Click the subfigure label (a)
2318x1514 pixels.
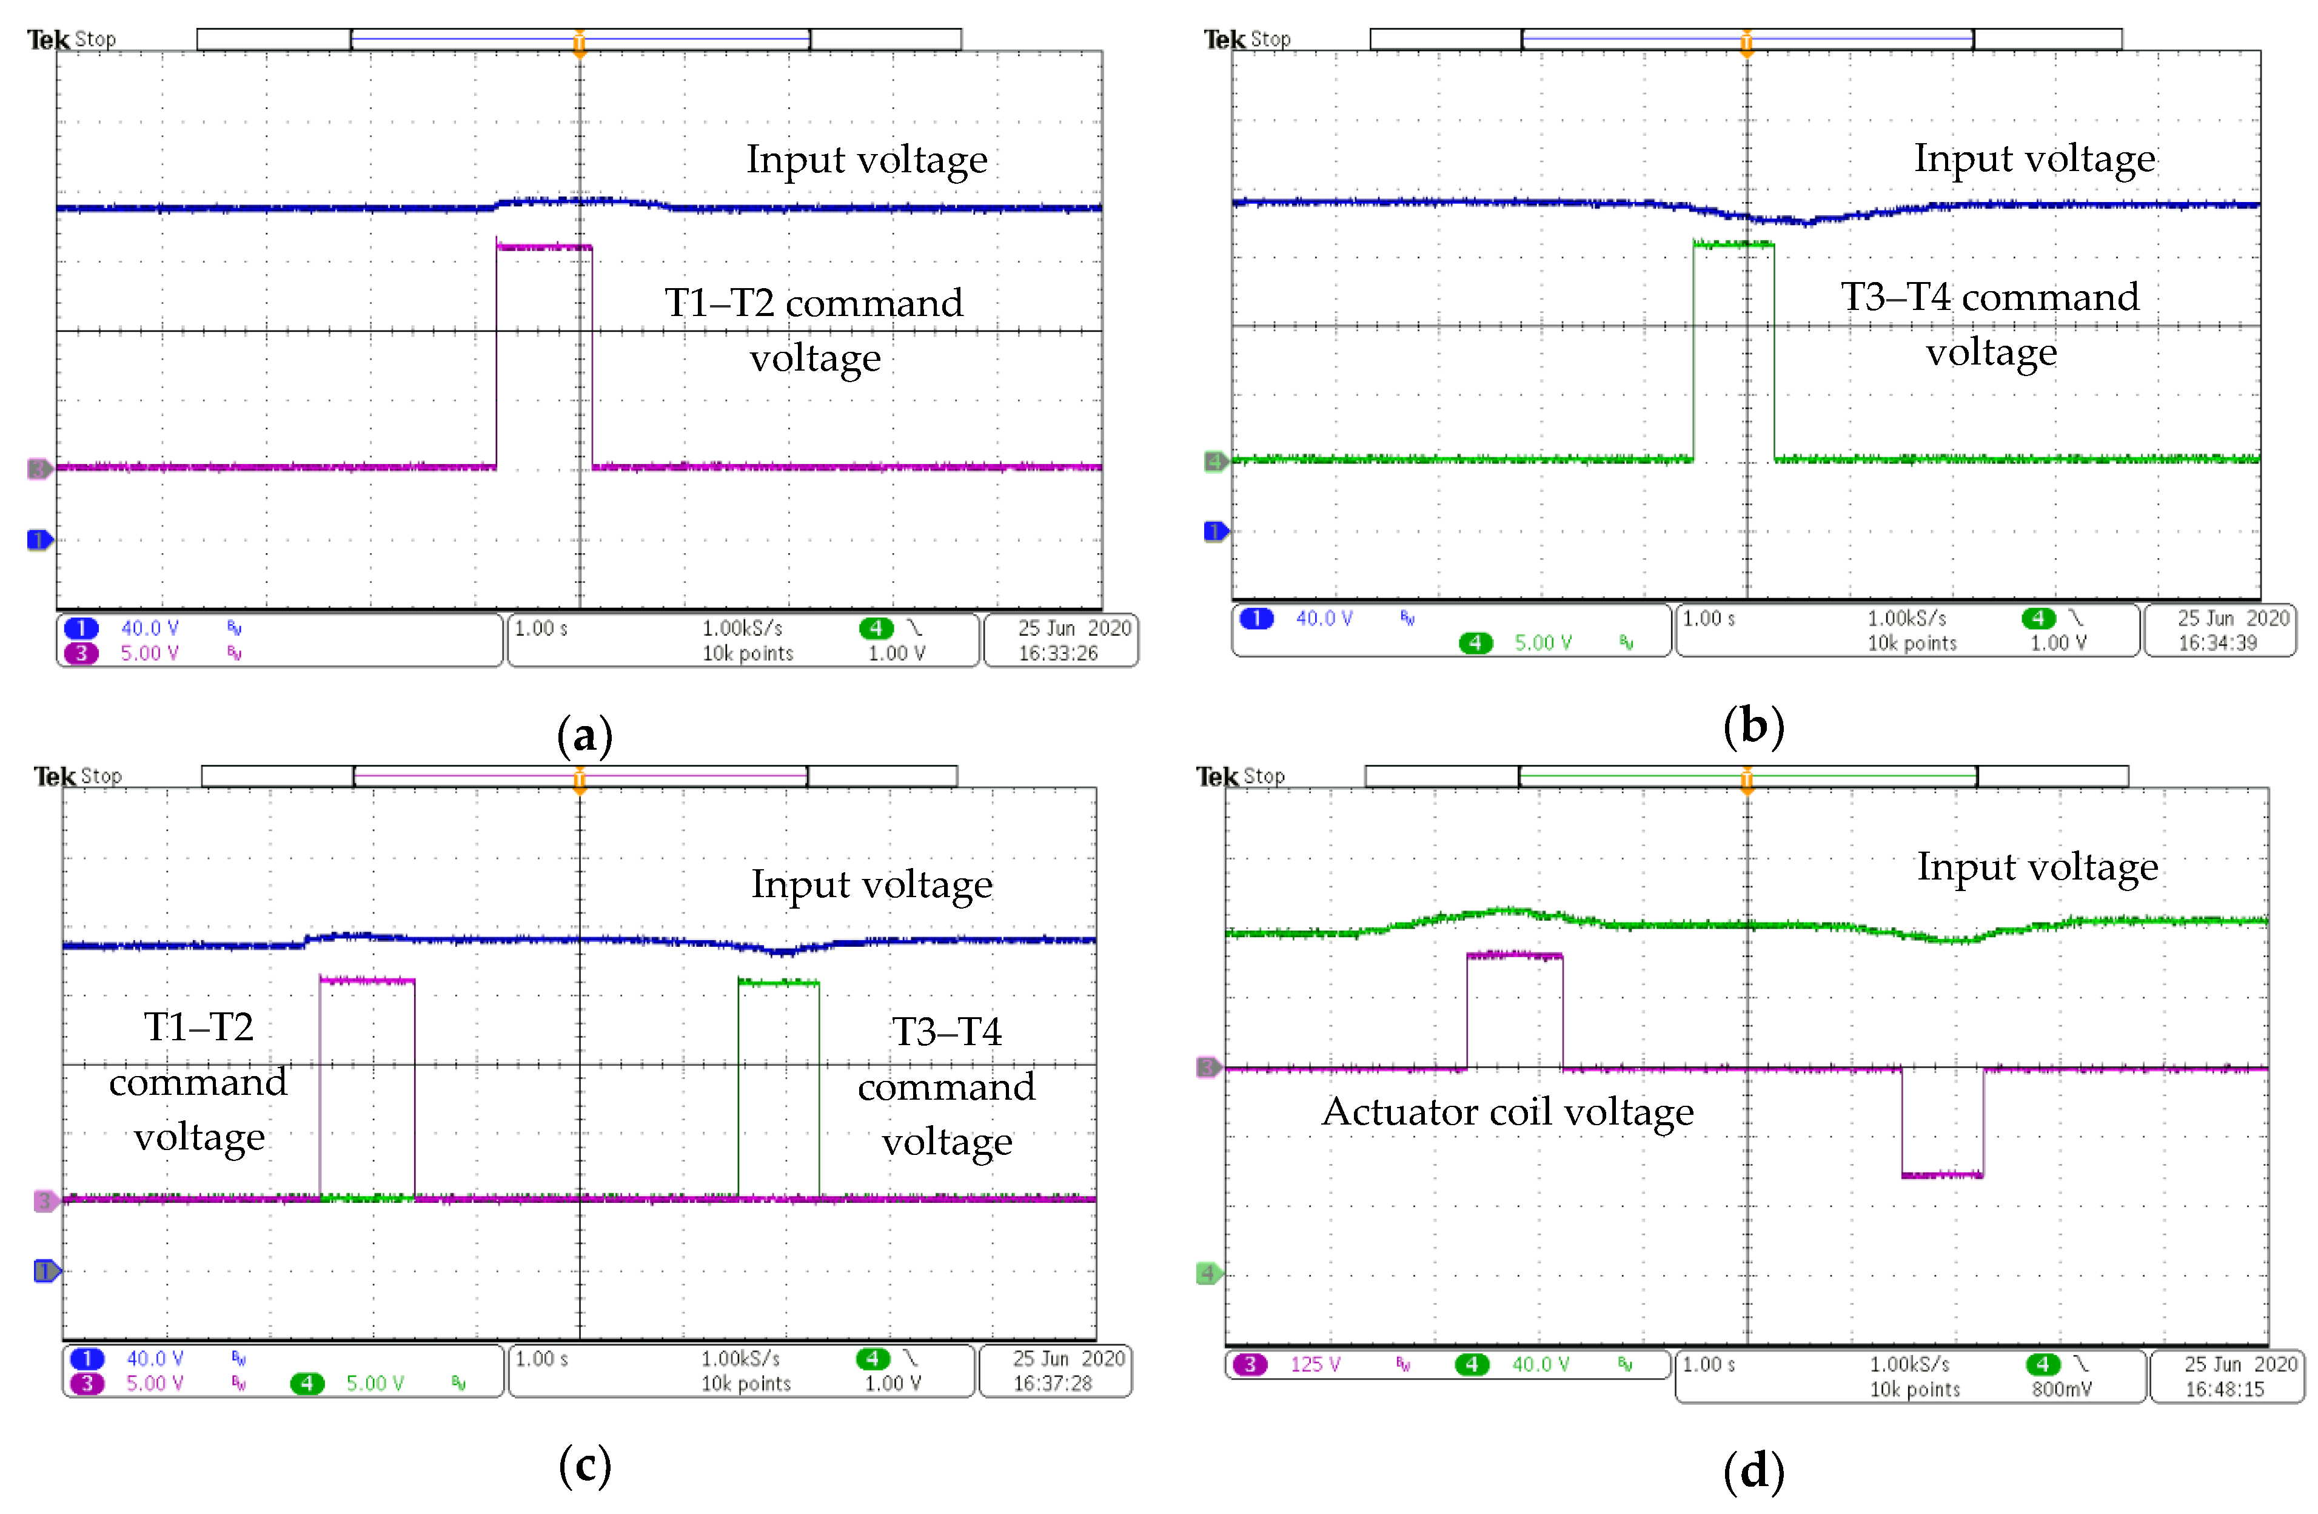[585, 736]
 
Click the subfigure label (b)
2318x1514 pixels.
[1753, 727]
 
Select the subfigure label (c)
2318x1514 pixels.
[585, 1464]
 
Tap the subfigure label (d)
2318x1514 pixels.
[1753, 1470]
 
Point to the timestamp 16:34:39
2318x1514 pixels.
[2218, 643]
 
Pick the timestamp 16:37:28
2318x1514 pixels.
[1052, 1384]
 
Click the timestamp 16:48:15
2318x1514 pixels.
[2225, 1389]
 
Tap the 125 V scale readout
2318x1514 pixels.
[1315, 1365]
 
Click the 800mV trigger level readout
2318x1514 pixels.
[2061, 1389]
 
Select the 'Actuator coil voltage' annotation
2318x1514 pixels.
[1508, 1112]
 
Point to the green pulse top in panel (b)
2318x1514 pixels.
[1733, 244]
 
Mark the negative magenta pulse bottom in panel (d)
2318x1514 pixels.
[1942, 1175]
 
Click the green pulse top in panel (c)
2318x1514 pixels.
[778, 982]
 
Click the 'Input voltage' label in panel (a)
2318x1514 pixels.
[867, 159]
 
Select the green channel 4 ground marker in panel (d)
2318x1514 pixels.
[1208, 1273]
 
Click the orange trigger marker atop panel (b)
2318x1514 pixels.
[1746, 43]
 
